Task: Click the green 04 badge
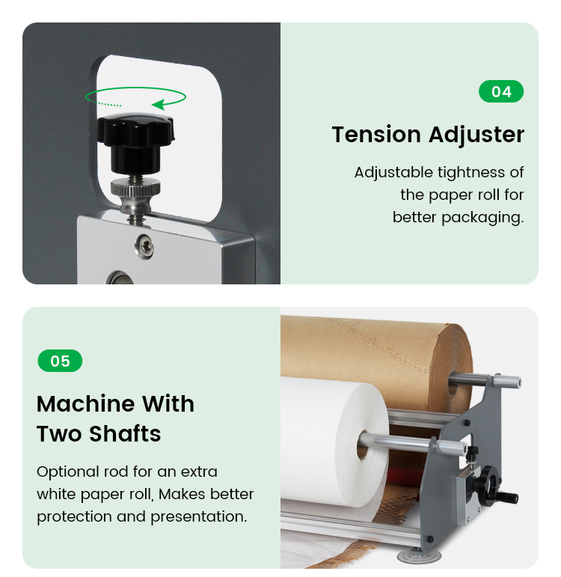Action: coord(501,91)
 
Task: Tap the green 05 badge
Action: coord(60,361)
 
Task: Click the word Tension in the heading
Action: coord(376,134)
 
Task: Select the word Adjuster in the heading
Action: coord(476,135)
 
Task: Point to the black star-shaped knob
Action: coord(135,141)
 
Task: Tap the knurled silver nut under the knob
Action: coord(135,188)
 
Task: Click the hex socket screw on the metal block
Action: coord(144,246)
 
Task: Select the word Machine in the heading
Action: coord(86,403)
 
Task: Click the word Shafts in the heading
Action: coord(125,433)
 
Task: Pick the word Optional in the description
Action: coord(67,472)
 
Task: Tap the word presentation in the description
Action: coord(199,517)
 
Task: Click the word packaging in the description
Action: coord(482,218)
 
